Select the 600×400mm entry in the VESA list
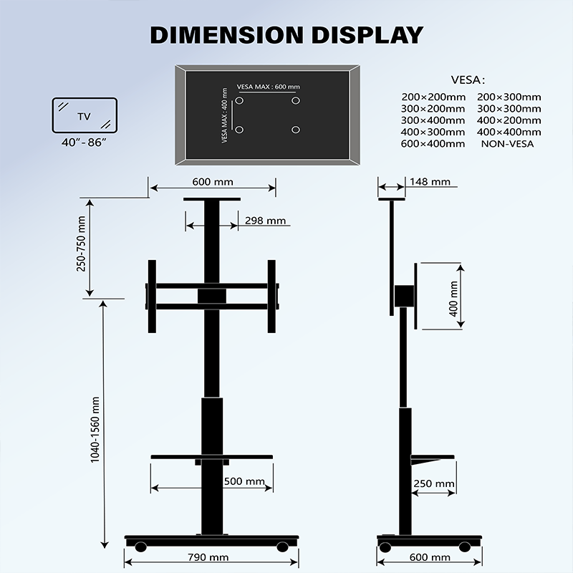(433, 143)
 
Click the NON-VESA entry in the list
(508, 143)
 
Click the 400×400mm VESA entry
(509, 132)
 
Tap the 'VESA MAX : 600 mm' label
(268, 87)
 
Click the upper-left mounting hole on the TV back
(239, 101)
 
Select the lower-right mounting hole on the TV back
(295, 130)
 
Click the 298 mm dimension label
(266, 221)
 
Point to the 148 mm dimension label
(430, 182)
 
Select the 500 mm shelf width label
(244, 481)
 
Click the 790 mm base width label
(208, 557)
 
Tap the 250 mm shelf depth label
(433, 483)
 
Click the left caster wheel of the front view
(140, 546)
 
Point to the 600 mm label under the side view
(430, 557)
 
